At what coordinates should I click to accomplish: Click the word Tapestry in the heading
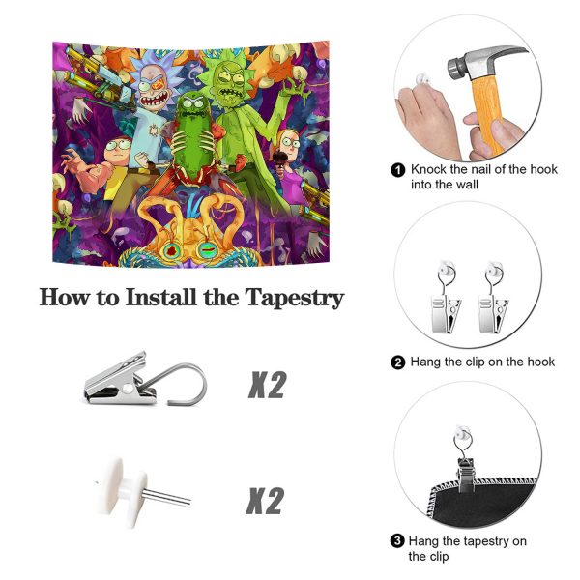click(x=295, y=298)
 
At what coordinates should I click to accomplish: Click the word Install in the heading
click(x=161, y=297)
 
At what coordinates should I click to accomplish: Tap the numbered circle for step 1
click(x=398, y=170)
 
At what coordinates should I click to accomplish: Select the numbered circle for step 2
click(x=398, y=362)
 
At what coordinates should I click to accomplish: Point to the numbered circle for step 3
click(x=397, y=541)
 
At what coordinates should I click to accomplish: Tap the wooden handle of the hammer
click(x=487, y=115)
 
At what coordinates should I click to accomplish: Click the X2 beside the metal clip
click(x=268, y=385)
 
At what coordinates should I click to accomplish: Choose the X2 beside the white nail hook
click(x=265, y=501)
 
